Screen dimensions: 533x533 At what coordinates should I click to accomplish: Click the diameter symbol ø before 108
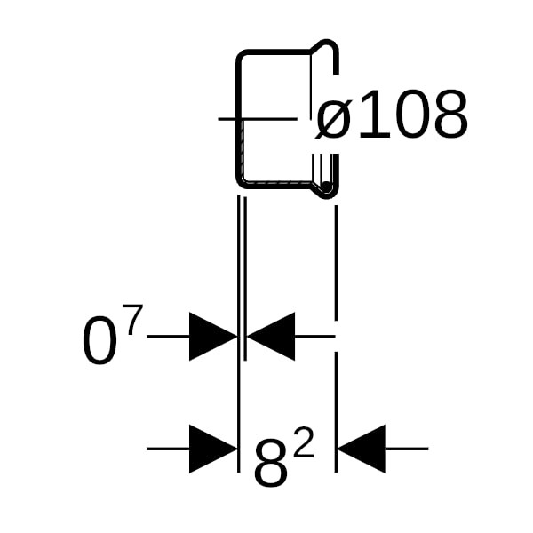click(x=334, y=118)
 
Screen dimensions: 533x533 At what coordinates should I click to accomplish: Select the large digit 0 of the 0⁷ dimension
click(x=99, y=343)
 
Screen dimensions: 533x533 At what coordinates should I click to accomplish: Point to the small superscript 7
click(x=131, y=320)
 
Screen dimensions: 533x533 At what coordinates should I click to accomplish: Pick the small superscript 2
click(x=303, y=444)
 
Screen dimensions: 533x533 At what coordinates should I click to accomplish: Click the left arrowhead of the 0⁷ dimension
click(x=213, y=337)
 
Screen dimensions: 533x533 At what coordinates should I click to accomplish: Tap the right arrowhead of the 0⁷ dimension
click(x=270, y=337)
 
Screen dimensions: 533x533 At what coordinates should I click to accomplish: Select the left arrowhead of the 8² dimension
click(x=213, y=449)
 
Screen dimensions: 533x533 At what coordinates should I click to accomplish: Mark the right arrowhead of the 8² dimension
click(x=362, y=449)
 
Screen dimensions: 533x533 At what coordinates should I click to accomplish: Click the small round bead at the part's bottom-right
click(x=327, y=188)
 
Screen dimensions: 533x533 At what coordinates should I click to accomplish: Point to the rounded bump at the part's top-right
click(x=328, y=45)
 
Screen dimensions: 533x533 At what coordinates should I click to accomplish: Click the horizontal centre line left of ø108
click(x=258, y=118)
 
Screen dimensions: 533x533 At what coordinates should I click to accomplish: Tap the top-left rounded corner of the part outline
click(x=241, y=57)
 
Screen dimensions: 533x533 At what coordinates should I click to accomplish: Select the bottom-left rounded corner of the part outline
click(x=241, y=181)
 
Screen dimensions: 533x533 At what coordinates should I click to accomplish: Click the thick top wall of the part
click(x=275, y=52)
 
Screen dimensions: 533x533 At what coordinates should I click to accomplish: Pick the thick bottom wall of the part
click(x=275, y=185)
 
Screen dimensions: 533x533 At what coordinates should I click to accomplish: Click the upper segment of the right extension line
click(x=335, y=258)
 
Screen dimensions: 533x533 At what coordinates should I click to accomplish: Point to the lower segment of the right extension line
click(x=335, y=409)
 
